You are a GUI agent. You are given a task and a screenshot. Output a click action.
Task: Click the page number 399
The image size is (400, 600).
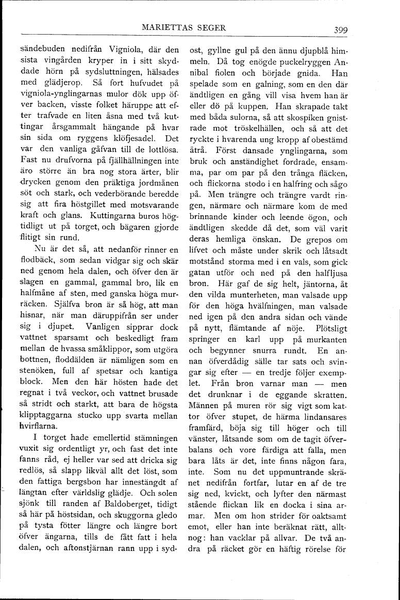pos(340,29)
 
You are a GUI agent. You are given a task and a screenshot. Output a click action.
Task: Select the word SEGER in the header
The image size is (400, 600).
pos(212,28)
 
